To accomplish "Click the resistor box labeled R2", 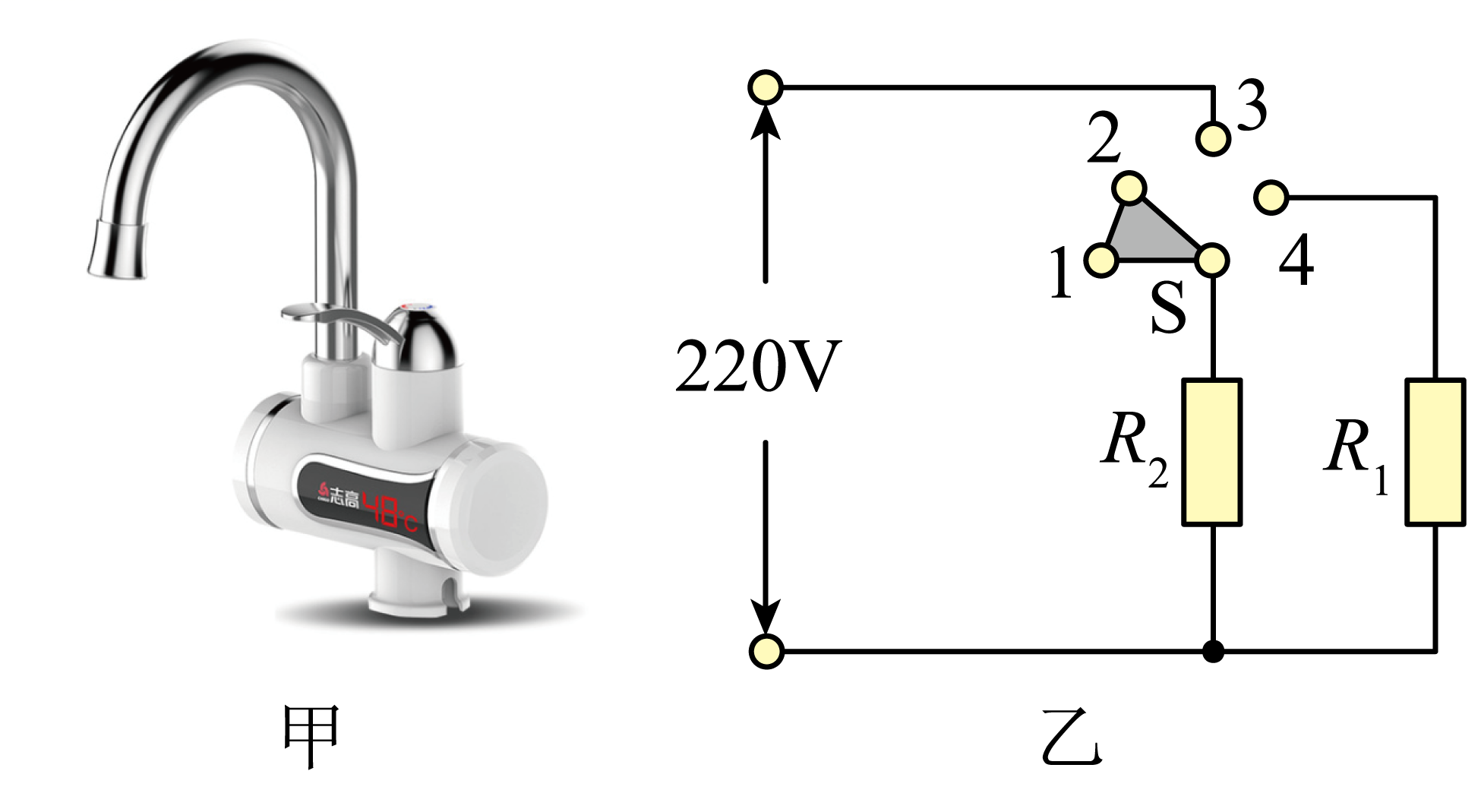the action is pos(1211,452).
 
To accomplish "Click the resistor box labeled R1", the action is pos(1435,452).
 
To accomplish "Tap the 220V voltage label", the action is pos(758,366).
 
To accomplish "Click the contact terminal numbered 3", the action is pos(1213,138).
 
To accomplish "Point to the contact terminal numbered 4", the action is pos(1271,198).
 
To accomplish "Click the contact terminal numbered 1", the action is pos(1101,261).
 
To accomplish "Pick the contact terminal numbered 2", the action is pos(1131,188).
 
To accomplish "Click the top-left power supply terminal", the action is pos(766,87).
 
